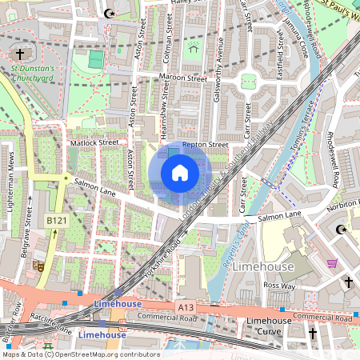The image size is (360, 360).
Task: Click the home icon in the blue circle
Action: (x=180, y=172)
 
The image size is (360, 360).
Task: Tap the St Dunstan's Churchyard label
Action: (x=32, y=74)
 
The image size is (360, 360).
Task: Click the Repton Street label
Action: (x=205, y=145)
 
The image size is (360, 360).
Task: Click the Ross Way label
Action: (x=281, y=285)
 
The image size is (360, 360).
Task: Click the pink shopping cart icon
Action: (x=332, y=263)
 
